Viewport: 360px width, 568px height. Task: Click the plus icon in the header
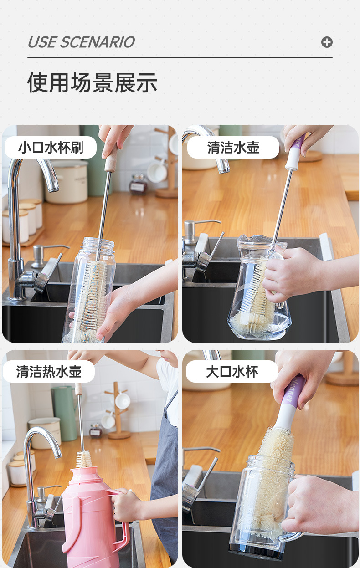pos(327,42)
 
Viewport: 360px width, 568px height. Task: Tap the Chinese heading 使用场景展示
pos(92,82)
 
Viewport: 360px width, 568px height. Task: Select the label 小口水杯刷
pos(51,147)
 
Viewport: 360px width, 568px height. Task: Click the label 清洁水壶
pos(233,147)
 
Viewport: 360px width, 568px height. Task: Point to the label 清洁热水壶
pos(49,372)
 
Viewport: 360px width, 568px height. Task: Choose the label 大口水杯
pos(232,372)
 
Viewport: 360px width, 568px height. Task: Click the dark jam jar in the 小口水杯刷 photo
pos(138,184)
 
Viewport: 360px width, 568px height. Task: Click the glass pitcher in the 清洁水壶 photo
pos(259,288)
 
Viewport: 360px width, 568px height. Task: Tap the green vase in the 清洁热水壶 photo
pos(65,413)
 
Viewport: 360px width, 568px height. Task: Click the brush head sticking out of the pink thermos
pos(84,460)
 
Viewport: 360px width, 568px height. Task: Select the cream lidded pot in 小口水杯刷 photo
pos(67,182)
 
